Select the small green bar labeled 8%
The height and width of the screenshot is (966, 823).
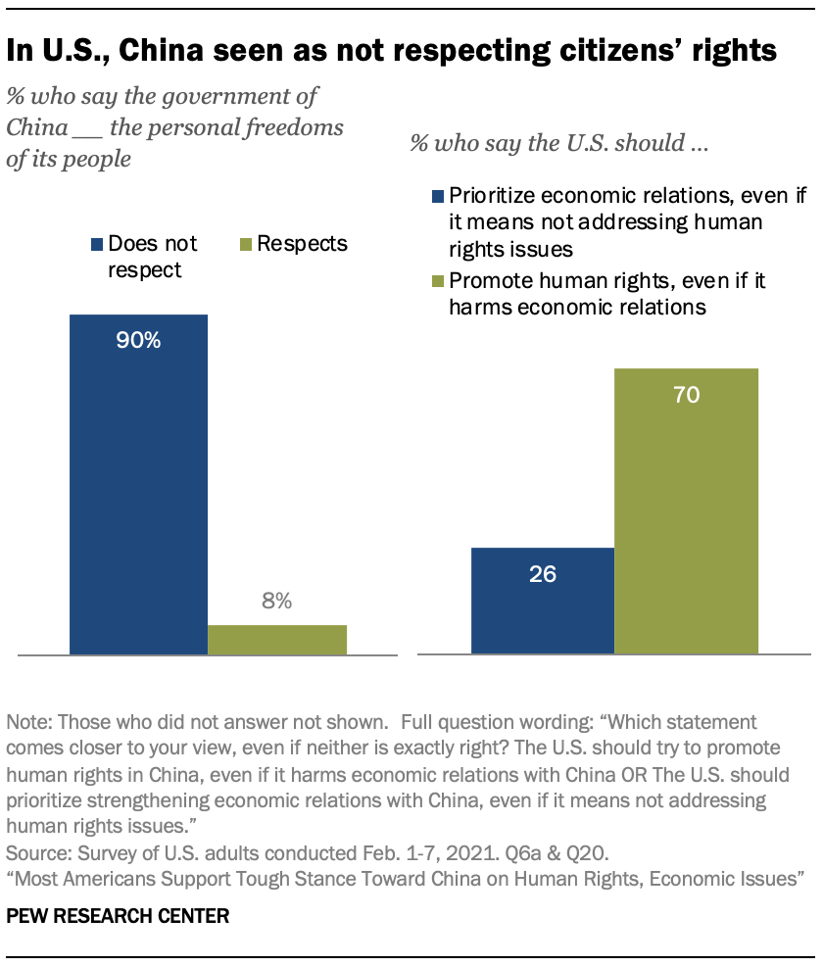(x=277, y=639)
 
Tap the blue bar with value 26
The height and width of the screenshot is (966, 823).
(x=543, y=600)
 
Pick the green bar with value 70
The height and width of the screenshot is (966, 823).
(x=686, y=509)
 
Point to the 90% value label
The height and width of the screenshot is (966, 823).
(x=138, y=342)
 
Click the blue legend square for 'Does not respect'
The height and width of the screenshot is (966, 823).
(x=96, y=243)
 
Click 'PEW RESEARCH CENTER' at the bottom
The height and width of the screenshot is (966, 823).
(x=118, y=917)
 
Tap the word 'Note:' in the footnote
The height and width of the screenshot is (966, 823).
(x=29, y=723)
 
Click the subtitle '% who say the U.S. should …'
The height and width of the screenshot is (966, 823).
(x=559, y=143)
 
